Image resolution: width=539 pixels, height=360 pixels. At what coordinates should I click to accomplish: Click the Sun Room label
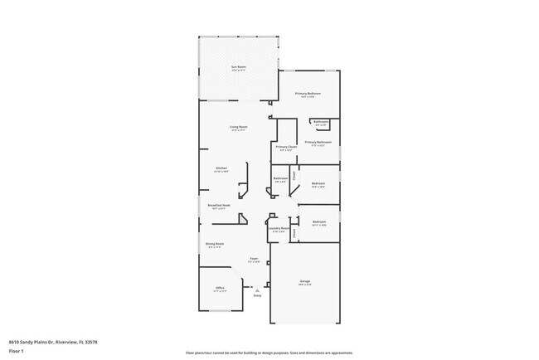(x=239, y=67)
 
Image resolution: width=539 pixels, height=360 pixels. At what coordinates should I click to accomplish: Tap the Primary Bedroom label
(x=308, y=94)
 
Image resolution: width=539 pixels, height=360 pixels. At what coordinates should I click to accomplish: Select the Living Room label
(x=239, y=127)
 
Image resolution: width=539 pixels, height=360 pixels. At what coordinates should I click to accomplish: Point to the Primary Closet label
(x=286, y=148)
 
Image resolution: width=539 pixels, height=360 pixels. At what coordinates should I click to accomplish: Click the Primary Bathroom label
(x=318, y=142)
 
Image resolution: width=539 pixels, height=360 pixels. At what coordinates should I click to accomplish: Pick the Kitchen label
(x=221, y=168)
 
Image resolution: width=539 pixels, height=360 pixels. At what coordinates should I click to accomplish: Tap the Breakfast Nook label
(x=220, y=205)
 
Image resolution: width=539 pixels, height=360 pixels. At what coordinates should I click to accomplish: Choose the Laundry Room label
(x=278, y=228)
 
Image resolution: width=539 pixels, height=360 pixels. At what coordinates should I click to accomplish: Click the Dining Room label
(x=215, y=244)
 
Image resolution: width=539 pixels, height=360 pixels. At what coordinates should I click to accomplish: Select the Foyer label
(x=255, y=259)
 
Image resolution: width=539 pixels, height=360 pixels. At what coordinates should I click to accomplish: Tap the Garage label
(x=305, y=282)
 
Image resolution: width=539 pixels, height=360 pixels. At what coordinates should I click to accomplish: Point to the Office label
(x=220, y=288)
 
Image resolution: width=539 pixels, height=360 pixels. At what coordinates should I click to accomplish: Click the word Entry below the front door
(x=257, y=296)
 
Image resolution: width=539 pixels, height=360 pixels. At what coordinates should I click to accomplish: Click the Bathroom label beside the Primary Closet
(x=280, y=178)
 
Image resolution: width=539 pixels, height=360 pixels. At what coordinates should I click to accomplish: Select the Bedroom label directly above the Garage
(x=318, y=221)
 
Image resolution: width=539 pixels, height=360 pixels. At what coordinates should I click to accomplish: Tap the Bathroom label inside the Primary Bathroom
(x=321, y=122)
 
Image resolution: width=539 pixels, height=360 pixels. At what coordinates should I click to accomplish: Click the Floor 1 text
(x=16, y=351)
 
